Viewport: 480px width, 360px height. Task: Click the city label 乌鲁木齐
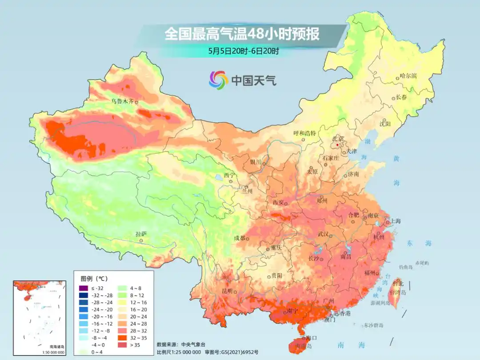point(122,101)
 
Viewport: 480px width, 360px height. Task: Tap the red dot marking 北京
point(337,144)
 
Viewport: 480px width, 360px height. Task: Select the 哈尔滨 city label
point(408,76)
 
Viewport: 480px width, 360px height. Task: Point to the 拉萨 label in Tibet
point(140,234)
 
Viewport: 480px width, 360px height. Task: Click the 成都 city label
point(240,238)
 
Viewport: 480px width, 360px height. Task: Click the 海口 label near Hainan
point(312,338)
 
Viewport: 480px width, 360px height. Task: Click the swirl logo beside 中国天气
point(218,80)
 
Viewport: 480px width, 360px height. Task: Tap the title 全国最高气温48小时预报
point(242,34)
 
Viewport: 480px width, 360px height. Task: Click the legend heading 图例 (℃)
point(94,279)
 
